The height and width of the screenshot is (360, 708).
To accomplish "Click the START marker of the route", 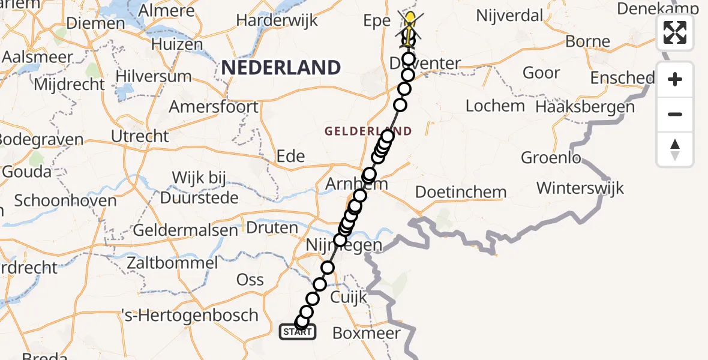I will [x=297, y=332].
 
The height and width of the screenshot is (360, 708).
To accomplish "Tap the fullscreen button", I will [x=675, y=32].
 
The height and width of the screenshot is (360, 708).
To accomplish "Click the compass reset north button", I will [x=675, y=149].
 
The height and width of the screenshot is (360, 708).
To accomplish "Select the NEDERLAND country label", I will [x=281, y=67].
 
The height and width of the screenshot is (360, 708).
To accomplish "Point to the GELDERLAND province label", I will [x=368, y=131].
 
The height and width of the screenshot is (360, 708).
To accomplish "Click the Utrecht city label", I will [x=140, y=136].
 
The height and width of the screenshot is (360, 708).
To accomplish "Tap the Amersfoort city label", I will [x=214, y=107].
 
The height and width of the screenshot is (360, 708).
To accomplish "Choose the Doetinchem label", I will [x=461, y=193].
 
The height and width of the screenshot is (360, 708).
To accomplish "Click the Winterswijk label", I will [x=580, y=188].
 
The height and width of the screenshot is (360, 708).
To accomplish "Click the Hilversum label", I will [x=154, y=77].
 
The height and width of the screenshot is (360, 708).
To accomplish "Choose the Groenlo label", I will [x=551, y=158].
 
